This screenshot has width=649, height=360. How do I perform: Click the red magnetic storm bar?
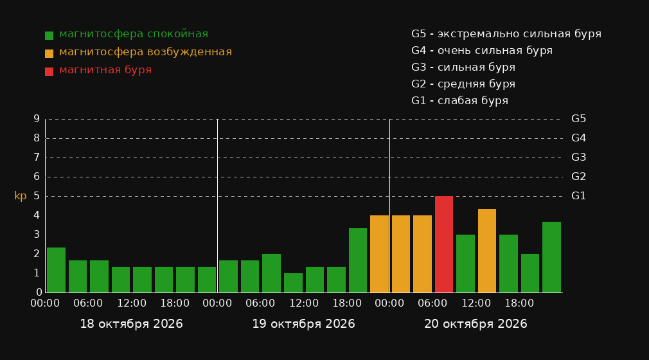pos(444,244)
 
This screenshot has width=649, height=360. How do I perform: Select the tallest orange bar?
pos(487,251)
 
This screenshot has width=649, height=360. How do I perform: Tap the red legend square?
pos(49,71)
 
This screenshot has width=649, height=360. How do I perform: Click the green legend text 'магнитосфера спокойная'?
pos(134,34)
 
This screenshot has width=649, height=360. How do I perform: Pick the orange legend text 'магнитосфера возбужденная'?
pos(145,52)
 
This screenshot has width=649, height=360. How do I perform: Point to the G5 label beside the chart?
pos(578,119)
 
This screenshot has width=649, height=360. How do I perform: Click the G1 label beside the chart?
pos(578,196)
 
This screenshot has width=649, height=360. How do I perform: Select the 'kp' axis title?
pos(21,196)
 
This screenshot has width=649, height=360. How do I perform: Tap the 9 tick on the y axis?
pos(37,119)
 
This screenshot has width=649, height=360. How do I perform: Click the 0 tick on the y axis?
pos(39,292)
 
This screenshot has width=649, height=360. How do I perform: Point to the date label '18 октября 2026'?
pos(131,324)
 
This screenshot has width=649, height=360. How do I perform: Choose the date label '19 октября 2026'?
pos(303,324)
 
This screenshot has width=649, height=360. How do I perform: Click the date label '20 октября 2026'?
pos(476,324)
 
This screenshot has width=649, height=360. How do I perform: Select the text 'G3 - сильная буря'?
pos(463,67)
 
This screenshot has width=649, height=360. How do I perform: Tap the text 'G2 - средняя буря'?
pos(463,84)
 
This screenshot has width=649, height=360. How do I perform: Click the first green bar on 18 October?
pos(56,270)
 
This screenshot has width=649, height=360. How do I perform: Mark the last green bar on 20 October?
pos(552,257)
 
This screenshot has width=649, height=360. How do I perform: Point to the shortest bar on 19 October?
pos(293,283)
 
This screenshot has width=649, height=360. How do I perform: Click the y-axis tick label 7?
pos(37,157)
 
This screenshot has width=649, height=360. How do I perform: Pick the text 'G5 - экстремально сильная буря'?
pos(506,34)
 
